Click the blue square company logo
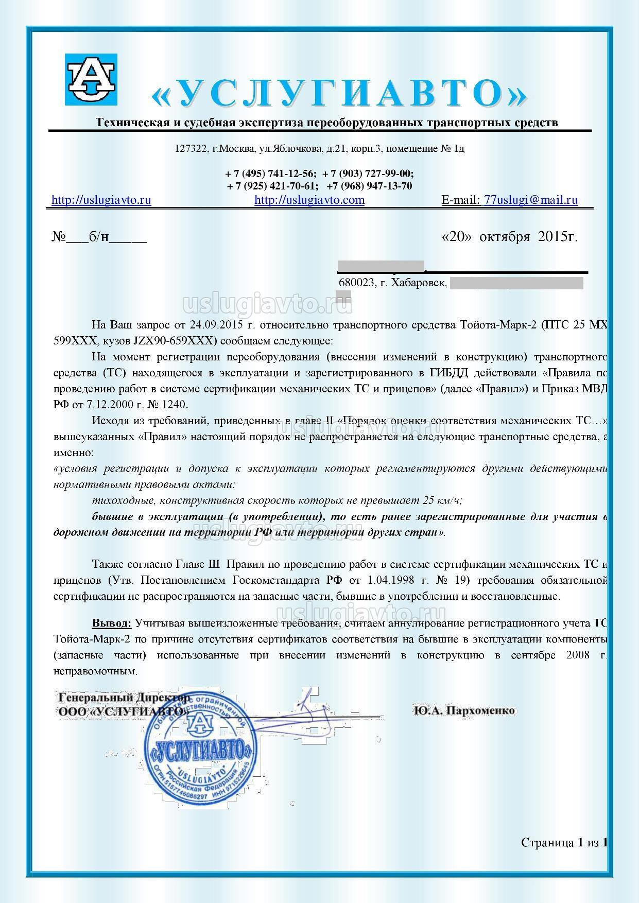[x=91, y=79]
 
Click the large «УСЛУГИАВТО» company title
[x=339, y=93]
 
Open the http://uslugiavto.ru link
[x=101, y=200]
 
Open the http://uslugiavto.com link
[x=309, y=200]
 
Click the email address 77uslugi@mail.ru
[x=531, y=200]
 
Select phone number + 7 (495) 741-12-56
[x=271, y=173]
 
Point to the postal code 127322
[x=191, y=149]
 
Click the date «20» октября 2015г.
[x=509, y=236]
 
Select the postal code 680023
[x=356, y=283]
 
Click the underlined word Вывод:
[x=112, y=623]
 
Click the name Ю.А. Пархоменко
[x=463, y=710]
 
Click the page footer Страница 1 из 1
[x=564, y=843]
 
